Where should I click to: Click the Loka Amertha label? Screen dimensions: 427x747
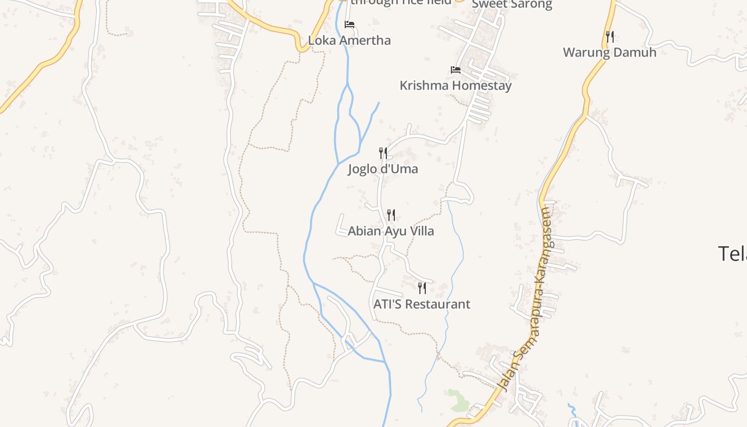(x=349, y=41)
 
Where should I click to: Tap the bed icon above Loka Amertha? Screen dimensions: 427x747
(x=349, y=25)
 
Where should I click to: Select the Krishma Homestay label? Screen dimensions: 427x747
(x=455, y=85)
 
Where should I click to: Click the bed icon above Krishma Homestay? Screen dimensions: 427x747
(x=455, y=70)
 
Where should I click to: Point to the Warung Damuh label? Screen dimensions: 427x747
(x=609, y=52)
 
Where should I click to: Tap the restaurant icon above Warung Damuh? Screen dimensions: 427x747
(x=609, y=36)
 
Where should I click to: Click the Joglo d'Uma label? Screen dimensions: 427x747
(x=383, y=169)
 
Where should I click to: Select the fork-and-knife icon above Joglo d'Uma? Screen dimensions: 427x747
(x=383, y=153)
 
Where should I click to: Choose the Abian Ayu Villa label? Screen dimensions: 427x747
(x=391, y=231)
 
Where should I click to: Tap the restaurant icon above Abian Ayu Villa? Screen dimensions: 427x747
(x=391, y=215)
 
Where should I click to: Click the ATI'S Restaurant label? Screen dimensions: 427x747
(x=422, y=304)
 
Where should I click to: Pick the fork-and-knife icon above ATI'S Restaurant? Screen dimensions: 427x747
(x=422, y=288)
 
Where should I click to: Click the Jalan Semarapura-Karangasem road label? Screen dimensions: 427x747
(x=526, y=299)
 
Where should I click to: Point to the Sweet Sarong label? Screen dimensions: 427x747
(x=512, y=4)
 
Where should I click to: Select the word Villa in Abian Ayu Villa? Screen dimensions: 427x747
(x=420, y=231)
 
